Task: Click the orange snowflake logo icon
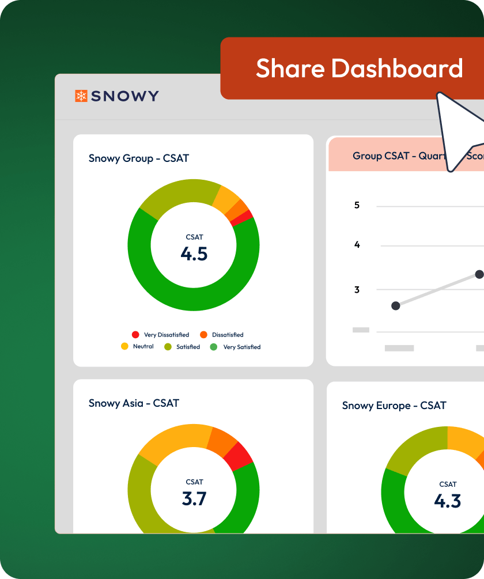pyautogui.click(x=81, y=96)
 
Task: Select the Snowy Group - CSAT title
pyautogui.click(x=138, y=158)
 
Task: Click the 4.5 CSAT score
pyautogui.click(x=194, y=253)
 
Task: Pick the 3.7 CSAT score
pyautogui.click(x=194, y=498)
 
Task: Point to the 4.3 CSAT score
pyautogui.click(x=448, y=501)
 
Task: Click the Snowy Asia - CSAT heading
pyautogui.click(x=134, y=403)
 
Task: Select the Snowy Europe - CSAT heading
pyautogui.click(x=394, y=406)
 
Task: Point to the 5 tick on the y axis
pyautogui.click(x=357, y=205)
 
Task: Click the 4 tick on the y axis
pyautogui.click(x=357, y=245)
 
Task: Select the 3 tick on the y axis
pyautogui.click(x=357, y=290)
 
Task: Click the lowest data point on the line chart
pyautogui.click(x=395, y=305)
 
